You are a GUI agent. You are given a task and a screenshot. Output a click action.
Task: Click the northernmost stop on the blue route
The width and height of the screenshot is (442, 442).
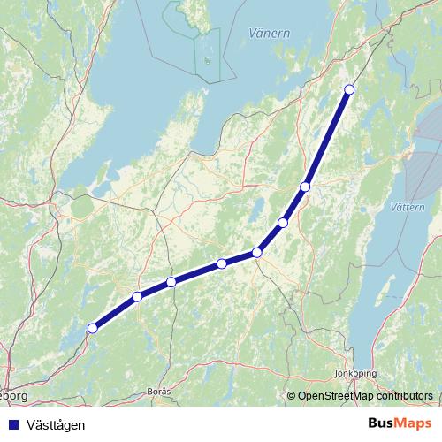point(349,89)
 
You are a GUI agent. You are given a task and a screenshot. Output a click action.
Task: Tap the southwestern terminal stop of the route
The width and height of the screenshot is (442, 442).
point(92,329)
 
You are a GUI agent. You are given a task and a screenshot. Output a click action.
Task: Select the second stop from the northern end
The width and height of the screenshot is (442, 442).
point(305,187)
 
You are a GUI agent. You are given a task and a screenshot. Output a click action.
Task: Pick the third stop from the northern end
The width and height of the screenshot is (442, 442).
point(283,223)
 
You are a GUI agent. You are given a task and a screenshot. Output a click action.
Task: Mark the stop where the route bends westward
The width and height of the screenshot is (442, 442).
point(257,253)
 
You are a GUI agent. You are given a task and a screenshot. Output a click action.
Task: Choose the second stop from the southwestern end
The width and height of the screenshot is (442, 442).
point(137,296)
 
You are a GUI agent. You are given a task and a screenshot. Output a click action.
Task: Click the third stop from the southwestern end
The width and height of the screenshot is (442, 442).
point(171,282)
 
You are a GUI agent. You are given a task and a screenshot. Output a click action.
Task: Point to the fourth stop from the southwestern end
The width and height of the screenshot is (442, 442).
point(222,263)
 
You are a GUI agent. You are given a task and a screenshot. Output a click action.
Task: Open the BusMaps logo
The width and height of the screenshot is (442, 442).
point(400,423)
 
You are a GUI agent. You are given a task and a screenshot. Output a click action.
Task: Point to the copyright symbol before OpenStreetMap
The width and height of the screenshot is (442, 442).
point(292,396)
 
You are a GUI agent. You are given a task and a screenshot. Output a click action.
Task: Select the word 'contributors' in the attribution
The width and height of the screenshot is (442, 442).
point(401,396)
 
